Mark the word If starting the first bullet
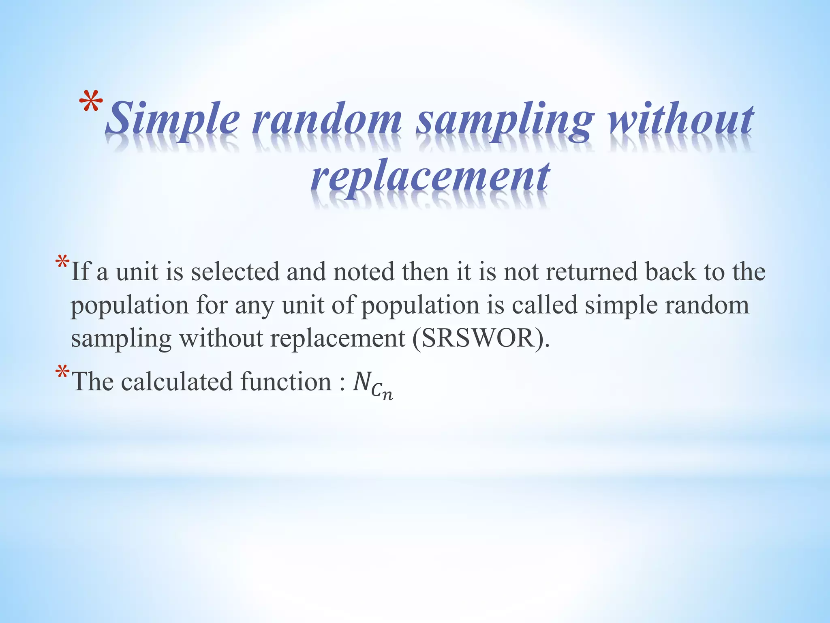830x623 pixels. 80,271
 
